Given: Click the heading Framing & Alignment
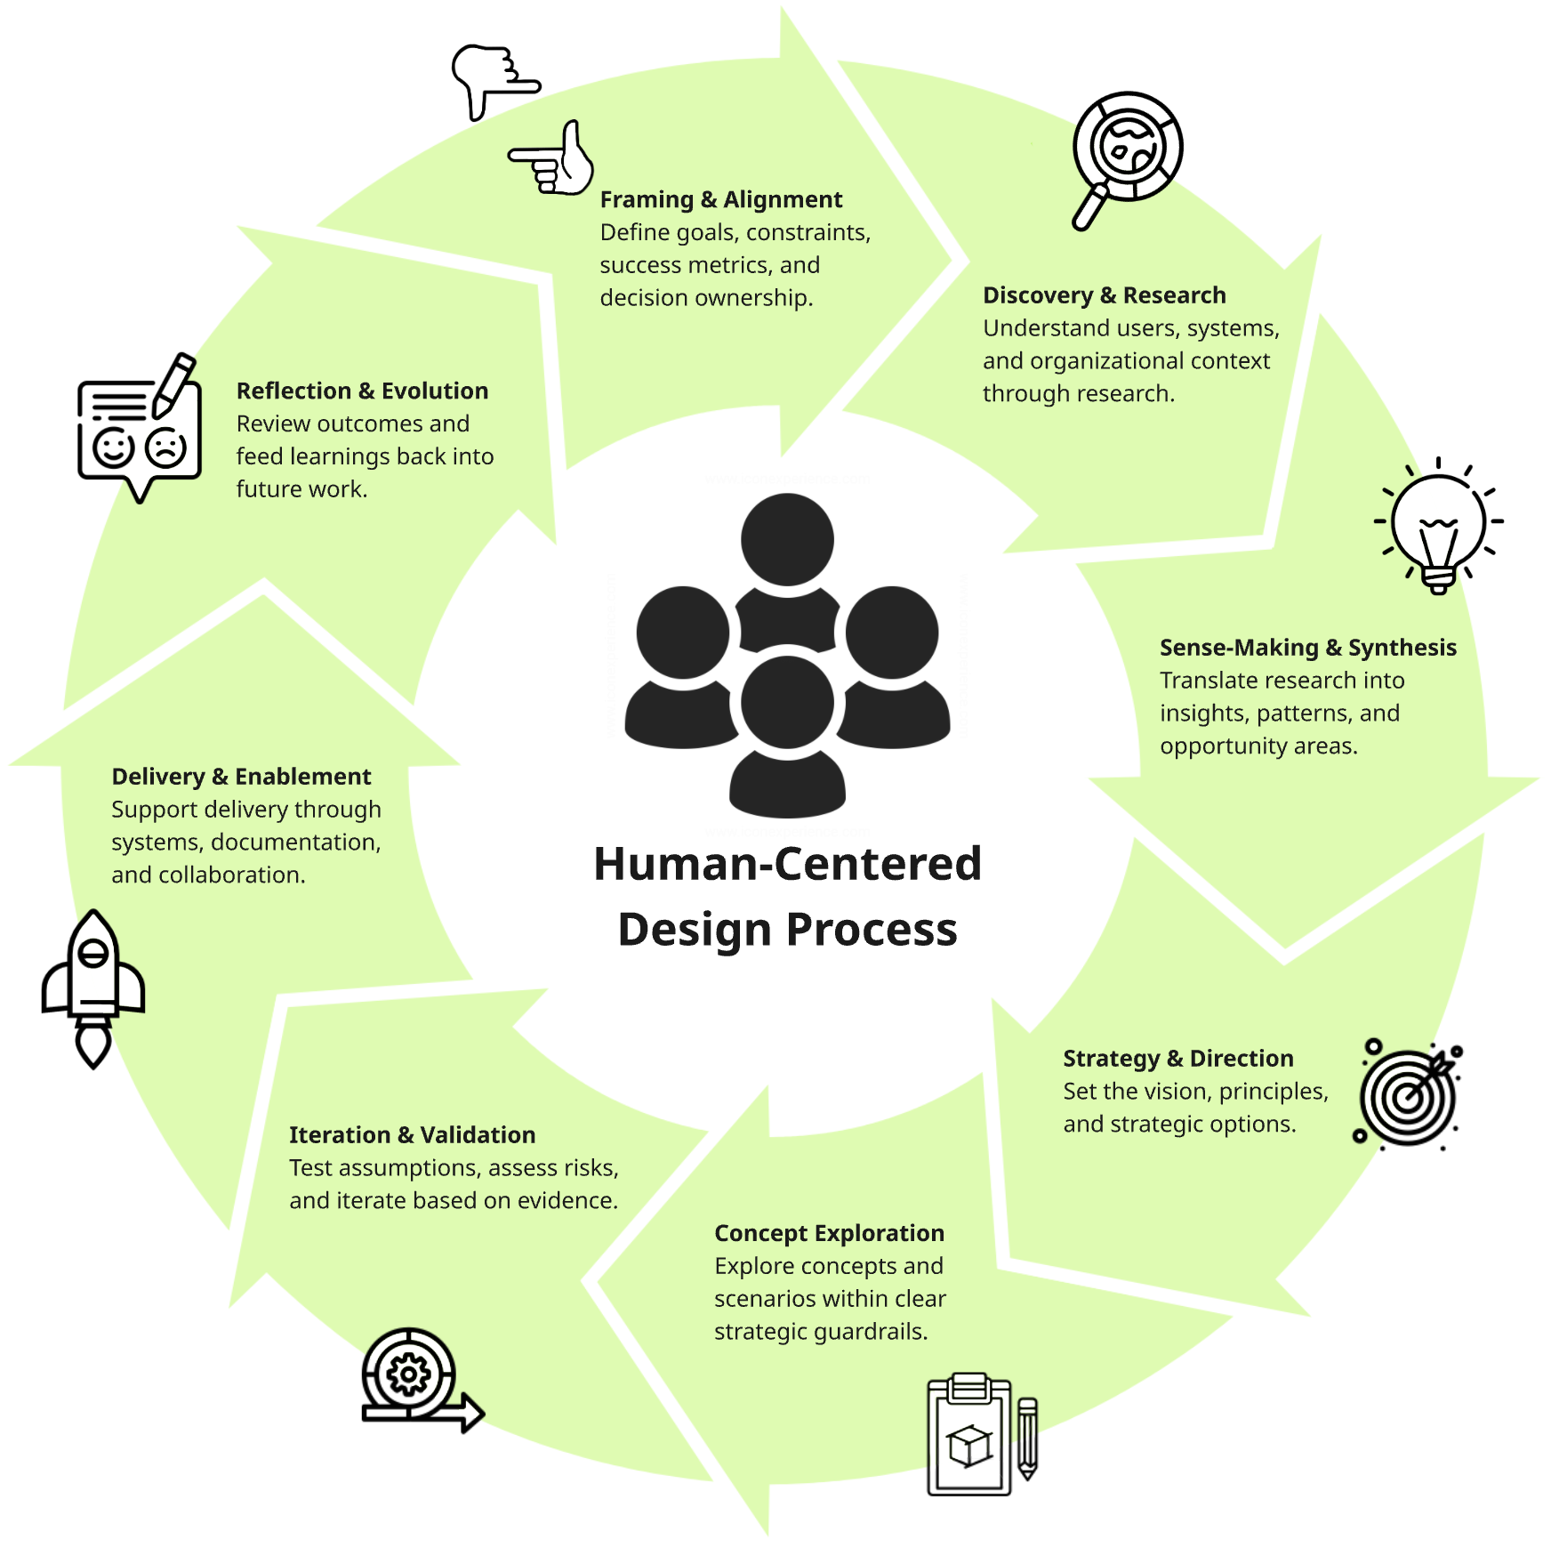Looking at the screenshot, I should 720,199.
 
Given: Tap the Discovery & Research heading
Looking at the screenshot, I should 1104,295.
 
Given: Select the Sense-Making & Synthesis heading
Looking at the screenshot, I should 1307,648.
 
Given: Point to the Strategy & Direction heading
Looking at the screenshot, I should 1177,1059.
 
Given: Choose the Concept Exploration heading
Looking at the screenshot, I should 829,1233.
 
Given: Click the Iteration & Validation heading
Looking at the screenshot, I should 412,1135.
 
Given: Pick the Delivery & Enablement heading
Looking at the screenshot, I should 241,777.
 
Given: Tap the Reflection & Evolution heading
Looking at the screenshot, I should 362,391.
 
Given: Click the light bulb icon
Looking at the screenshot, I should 1438,525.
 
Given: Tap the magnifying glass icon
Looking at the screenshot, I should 1124,157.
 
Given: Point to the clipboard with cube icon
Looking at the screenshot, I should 970,1434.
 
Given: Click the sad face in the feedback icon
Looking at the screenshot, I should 166,447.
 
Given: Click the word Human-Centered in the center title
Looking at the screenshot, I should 787,864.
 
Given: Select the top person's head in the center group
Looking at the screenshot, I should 787,539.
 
